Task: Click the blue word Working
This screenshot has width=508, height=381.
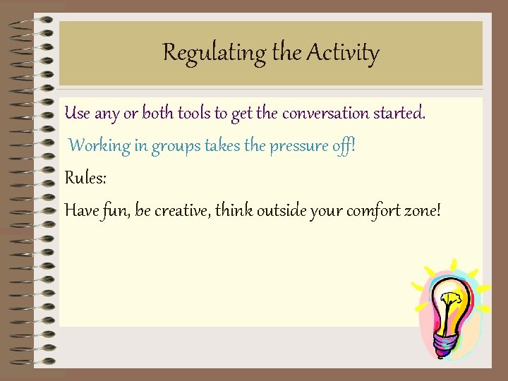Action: pyautogui.click(x=99, y=146)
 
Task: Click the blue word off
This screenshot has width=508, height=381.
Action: pyautogui.click(x=345, y=146)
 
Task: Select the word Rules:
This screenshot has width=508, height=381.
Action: pyautogui.click(x=85, y=178)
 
